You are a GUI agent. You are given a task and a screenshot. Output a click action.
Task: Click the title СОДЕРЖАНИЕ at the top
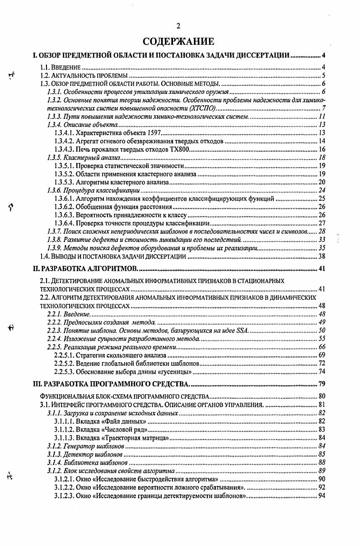pos(178,42)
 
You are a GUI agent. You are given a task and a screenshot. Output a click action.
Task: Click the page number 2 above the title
pos(178,26)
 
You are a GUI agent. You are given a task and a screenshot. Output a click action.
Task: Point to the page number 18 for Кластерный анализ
pos(322,157)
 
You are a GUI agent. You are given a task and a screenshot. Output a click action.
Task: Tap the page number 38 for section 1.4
pos(322,256)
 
